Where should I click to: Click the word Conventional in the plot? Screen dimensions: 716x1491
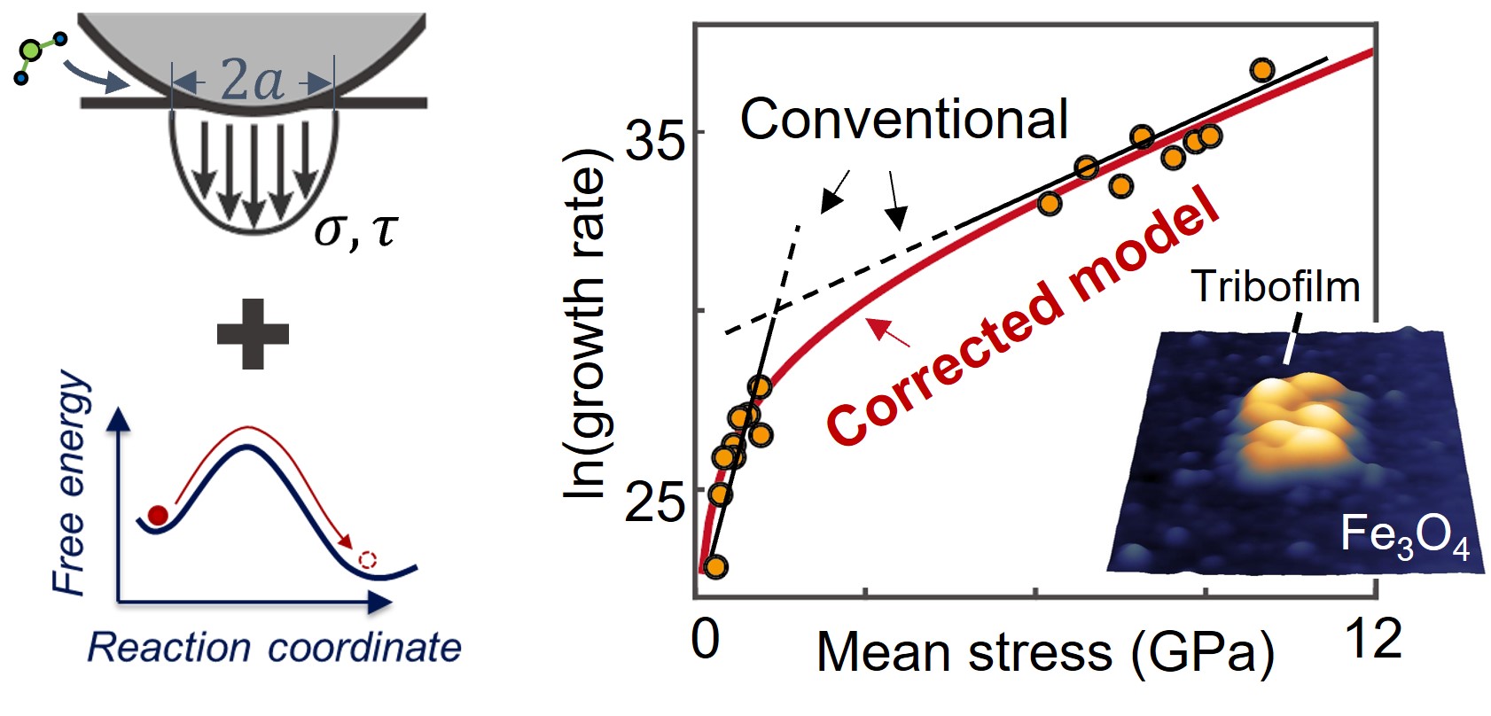[x=903, y=119]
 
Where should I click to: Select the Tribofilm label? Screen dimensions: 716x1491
[x=1275, y=286]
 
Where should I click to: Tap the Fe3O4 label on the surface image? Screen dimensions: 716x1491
[x=1404, y=537]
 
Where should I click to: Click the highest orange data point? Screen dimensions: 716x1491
[x=1262, y=70]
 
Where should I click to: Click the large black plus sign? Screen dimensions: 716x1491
[x=253, y=334]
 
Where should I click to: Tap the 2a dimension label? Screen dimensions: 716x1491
[x=252, y=82]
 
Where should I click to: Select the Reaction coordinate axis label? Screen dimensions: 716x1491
[x=274, y=648]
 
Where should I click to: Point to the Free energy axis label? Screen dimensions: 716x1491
[x=71, y=483]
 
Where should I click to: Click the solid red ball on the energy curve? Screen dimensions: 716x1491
[x=158, y=515]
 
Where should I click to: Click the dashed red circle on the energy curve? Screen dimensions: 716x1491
[x=368, y=560]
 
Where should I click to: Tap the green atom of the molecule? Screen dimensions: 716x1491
[x=31, y=51]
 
